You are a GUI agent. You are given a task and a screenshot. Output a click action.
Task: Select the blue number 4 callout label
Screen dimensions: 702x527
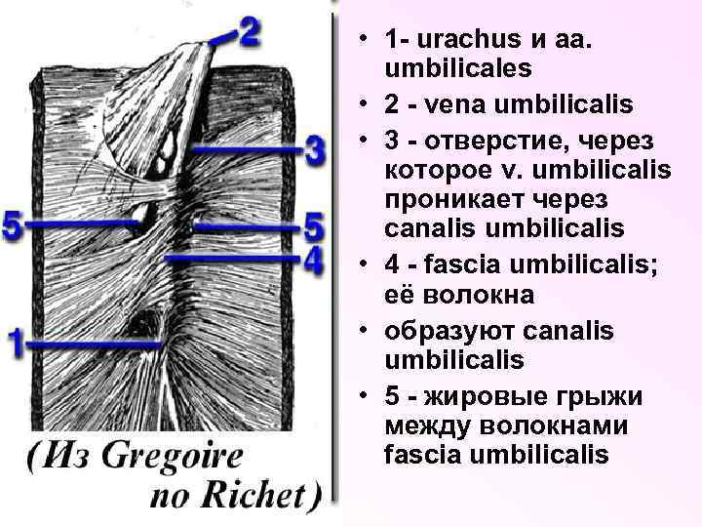coord(312,261)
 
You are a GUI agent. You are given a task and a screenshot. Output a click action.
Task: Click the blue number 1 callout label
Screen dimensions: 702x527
coord(15,344)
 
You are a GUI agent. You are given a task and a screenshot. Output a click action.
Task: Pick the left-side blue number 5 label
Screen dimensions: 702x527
coord(13,225)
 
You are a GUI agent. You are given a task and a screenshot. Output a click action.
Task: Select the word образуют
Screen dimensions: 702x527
coord(439,329)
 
